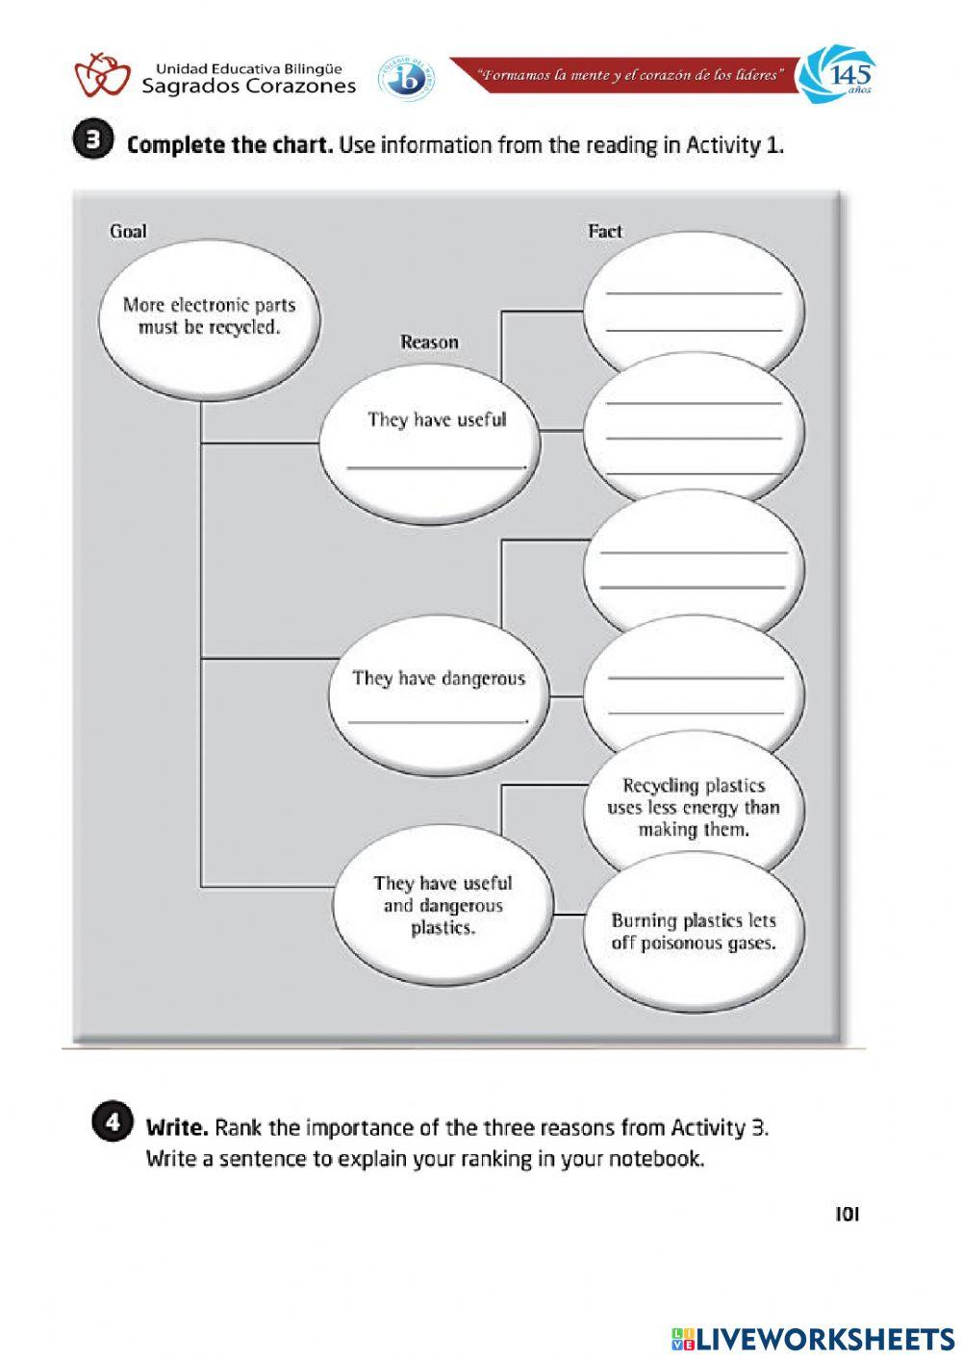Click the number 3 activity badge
(93, 140)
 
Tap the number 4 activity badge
(113, 1123)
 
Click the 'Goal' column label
(128, 231)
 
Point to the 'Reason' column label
(429, 342)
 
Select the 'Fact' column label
(605, 231)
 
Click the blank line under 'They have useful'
(436, 466)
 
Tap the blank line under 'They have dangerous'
(438, 720)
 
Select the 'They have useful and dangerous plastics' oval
(443, 905)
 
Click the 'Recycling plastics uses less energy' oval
(694, 808)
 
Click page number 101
(847, 1215)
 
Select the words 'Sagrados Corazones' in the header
(248, 87)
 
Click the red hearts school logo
(103, 75)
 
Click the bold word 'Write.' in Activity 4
(176, 1127)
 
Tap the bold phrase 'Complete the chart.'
(230, 145)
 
